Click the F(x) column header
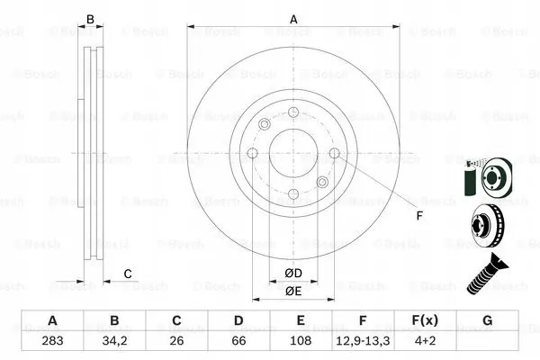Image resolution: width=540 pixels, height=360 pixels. coord(425,321)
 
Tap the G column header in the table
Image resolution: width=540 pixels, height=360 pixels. coord(487,321)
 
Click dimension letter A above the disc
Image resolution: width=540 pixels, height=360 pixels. coord(293,18)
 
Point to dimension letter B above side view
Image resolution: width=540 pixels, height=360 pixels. coord(89,18)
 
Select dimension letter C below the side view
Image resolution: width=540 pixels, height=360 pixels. coord(128,273)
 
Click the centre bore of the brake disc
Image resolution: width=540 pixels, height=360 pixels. coord(293,153)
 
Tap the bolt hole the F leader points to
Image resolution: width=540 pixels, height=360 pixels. coord(335,154)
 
